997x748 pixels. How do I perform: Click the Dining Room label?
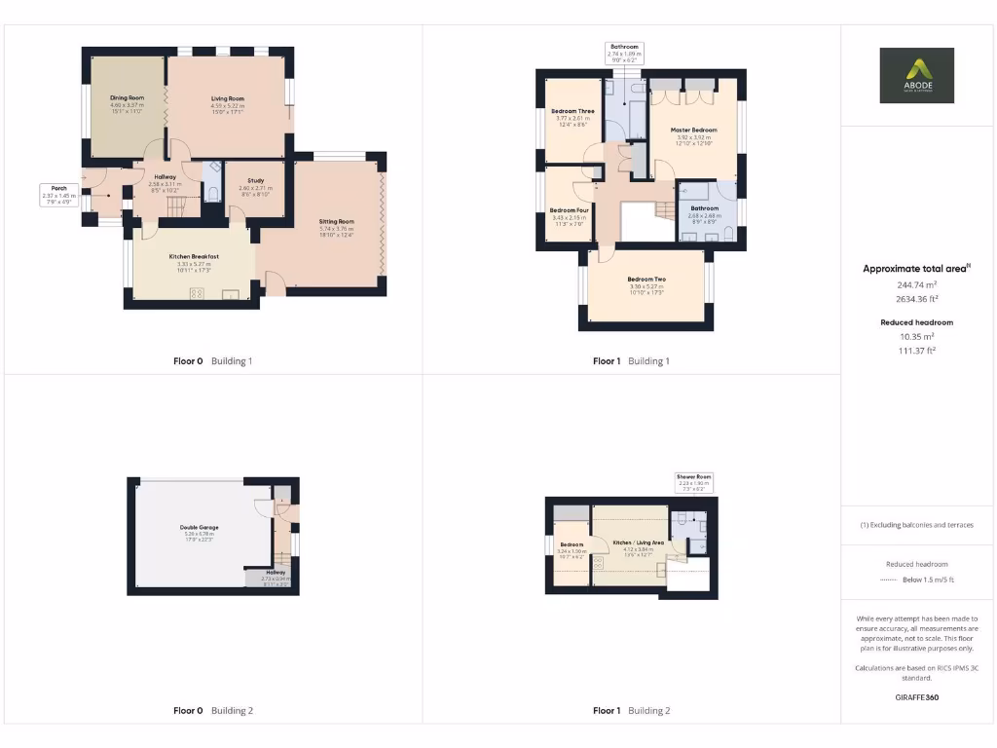pyautogui.click(x=127, y=98)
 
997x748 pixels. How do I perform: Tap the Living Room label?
pyautogui.click(x=228, y=98)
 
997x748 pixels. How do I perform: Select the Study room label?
pyautogui.click(x=255, y=180)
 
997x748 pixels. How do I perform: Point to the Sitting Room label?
pyautogui.click(x=337, y=222)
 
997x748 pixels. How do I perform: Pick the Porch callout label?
pyautogui.click(x=58, y=189)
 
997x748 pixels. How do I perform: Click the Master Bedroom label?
pyautogui.click(x=696, y=130)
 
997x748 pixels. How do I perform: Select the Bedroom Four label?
pyautogui.click(x=568, y=210)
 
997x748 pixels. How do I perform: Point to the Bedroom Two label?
pyautogui.click(x=646, y=280)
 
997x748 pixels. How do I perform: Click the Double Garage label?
pyautogui.click(x=201, y=527)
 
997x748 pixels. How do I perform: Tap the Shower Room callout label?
pyautogui.click(x=694, y=477)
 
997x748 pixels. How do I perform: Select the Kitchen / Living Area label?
pyautogui.click(x=638, y=542)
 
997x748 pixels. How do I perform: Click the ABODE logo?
pyautogui.click(x=917, y=76)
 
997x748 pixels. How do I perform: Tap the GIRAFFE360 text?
pyautogui.click(x=916, y=697)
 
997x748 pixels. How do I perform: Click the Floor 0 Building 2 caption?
pyautogui.click(x=212, y=711)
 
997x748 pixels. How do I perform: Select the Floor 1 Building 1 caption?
pyautogui.click(x=631, y=361)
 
